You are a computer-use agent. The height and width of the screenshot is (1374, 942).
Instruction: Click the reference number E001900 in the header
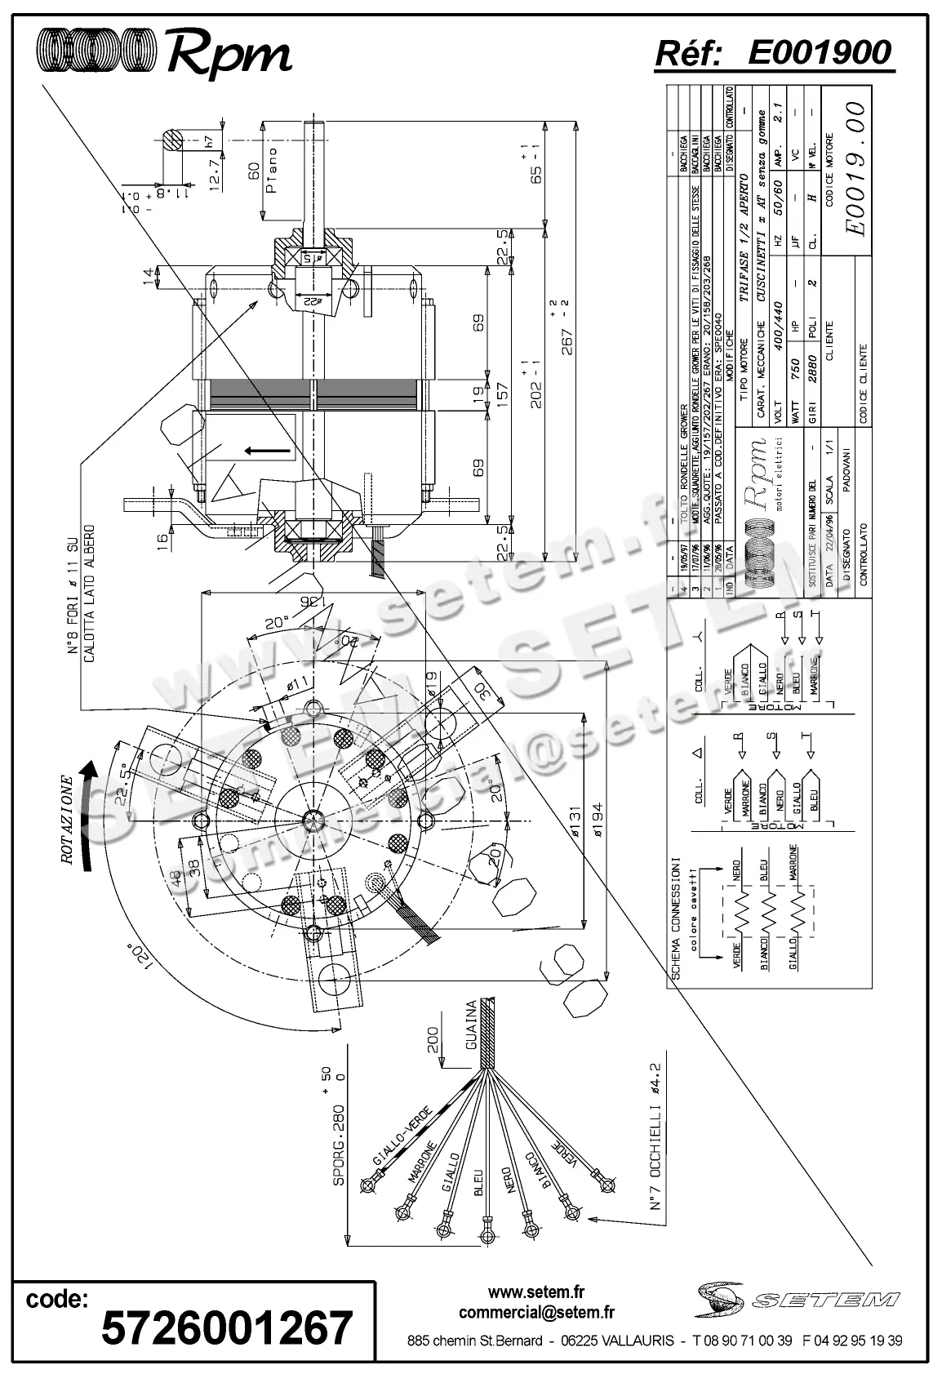(x=819, y=53)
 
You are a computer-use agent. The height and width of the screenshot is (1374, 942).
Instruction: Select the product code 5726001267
(x=227, y=1327)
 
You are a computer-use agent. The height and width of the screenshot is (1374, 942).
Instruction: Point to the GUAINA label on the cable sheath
(x=471, y=1025)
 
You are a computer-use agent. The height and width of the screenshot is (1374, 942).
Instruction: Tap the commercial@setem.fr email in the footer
(x=536, y=1313)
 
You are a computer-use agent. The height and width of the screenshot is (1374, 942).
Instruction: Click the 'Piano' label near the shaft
(x=272, y=171)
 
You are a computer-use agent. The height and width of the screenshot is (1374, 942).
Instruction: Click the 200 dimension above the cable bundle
(x=433, y=1040)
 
